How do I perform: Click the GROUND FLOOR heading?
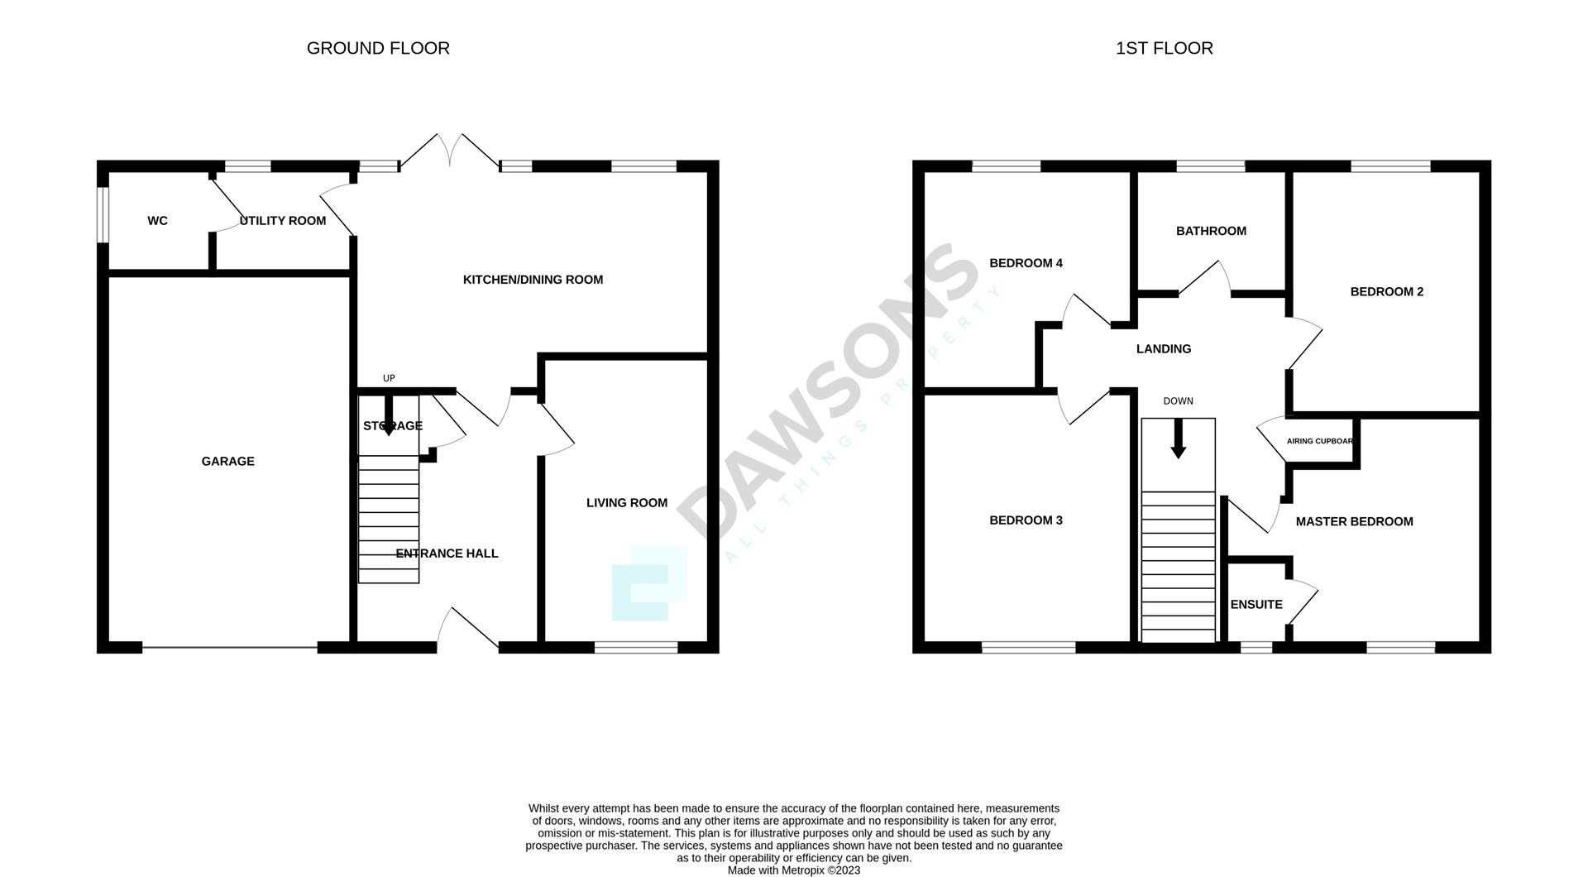pyautogui.click(x=378, y=48)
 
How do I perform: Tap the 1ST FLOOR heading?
pyautogui.click(x=1164, y=48)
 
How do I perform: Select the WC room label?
pyautogui.click(x=157, y=221)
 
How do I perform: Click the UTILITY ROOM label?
pyautogui.click(x=283, y=221)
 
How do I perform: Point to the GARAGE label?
pyautogui.click(x=227, y=462)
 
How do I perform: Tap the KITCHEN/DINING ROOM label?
pyautogui.click(x=533, y=280)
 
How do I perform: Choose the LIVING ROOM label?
pyautogui.click(x=626, y=503)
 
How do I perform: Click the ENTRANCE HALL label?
pyautogui.click(x=447, y=554)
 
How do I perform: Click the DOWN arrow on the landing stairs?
pyautogui.click(x=1178, y=439)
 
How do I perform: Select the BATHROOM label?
pyautogui.click(x=1211, y=231)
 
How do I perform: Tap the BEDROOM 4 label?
pyautogui.click(x=1026, y=263)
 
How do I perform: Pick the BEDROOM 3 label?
pyautogui.click(x=1026, y=520)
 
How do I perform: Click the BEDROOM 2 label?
pyautogui.click(x=1386, y=291)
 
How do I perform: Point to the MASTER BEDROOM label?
pyautogui.click(x=1354, y=521)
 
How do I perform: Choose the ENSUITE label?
pyautogui.click(x=1256, y=605)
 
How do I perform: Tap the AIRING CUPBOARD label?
pyautogui.click(x=1319, y=441)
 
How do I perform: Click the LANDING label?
pyautogui.click(x=1163, y=349)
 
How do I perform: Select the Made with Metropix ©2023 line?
pyautogui.click(x=793, y=870)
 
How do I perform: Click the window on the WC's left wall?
pyautogui.click(x=103, y=215)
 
